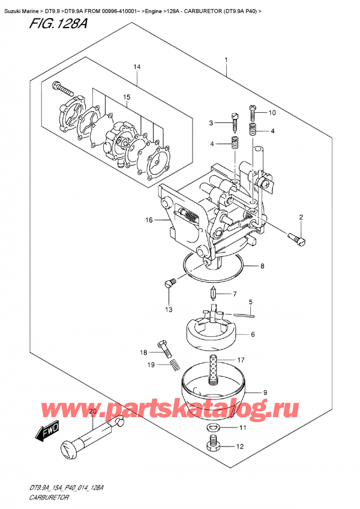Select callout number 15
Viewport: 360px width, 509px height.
tap(127, 97)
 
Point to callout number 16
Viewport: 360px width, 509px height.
tap(149, 221)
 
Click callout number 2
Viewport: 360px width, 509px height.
tap(301, 217)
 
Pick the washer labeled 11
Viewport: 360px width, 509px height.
tap(210, 428)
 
